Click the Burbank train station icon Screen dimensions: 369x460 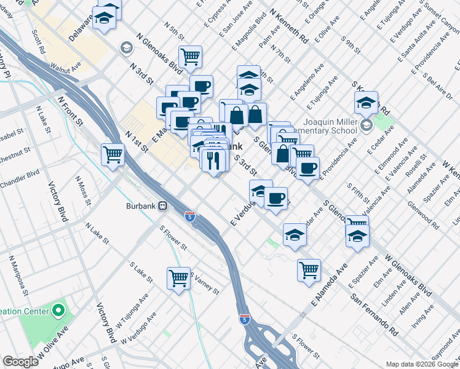[x=163, y=206]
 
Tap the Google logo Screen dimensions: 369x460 [x=20, y=362]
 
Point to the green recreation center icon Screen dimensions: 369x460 [x=59, y=310]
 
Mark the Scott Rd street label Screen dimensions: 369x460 [x=39, y=39]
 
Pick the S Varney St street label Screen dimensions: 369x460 [x=205, y=283]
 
